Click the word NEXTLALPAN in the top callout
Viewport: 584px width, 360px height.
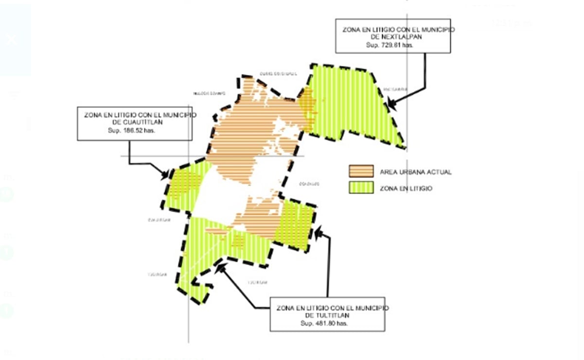click(x=393, y=37)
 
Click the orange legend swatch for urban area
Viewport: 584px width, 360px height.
click(x=361, y=171)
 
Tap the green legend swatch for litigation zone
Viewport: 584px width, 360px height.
click(x=361, y=188)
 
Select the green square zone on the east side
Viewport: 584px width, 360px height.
click(x=295, y=225)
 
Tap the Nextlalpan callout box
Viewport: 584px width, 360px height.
click(x=393, y=36)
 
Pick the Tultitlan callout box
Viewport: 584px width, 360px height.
click(x=327, y=314)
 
